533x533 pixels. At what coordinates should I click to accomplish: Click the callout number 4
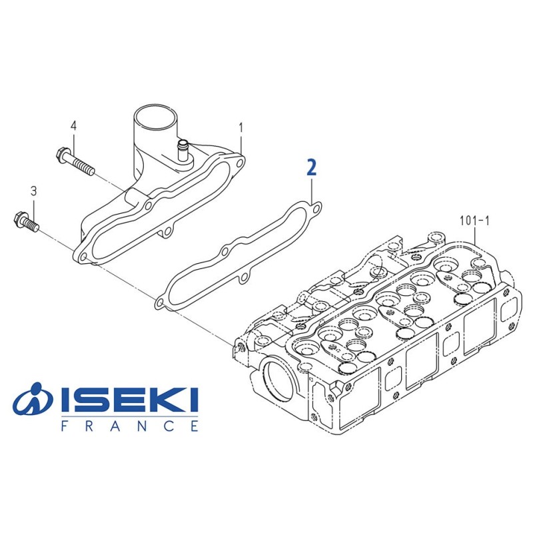(x=73, y=125)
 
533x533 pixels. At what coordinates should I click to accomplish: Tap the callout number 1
(x=241, y=126)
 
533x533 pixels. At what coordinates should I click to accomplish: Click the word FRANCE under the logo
(x=129, y=426)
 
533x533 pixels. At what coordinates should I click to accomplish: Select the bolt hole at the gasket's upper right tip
(x=316, y=208)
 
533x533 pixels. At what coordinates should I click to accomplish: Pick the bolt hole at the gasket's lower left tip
(x=159, y=303)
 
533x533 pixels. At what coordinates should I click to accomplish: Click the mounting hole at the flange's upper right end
(x=237, y=162)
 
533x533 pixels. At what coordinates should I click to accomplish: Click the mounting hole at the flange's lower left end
(x=83, y=255)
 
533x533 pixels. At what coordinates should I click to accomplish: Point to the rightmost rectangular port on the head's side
(x=478, y=328)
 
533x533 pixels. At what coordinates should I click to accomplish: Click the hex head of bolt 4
(x=62, y=155)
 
